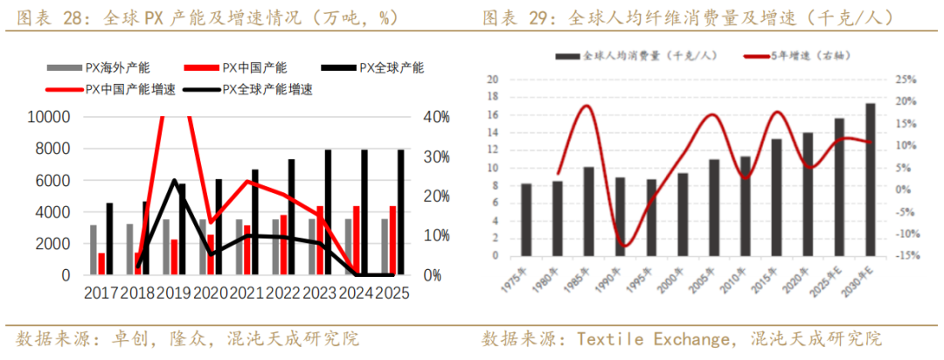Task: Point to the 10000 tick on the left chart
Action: (51, 117)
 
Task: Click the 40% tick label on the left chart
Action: (437, 117)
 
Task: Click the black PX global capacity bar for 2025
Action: (401, 212)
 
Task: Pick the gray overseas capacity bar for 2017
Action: (94, 250)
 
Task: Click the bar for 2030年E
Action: (870, 180)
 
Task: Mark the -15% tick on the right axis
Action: (905, 256)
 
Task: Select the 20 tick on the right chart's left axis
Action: (492, 79)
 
